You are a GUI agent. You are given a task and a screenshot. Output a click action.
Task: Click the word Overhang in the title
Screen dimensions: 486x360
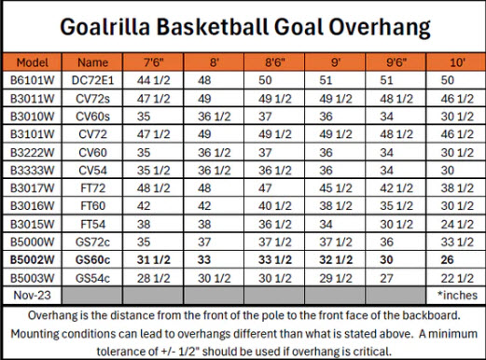coord(380,27)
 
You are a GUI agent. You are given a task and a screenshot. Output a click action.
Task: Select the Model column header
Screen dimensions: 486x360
coord(33,62)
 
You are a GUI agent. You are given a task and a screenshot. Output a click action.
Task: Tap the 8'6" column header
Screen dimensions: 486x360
coord(275,62)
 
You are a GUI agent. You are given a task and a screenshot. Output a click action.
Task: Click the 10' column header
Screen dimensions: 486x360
coord(457,62)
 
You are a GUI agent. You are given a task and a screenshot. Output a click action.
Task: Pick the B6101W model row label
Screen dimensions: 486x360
coord(33,80)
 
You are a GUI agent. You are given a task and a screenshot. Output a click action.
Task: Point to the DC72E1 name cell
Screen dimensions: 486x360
coord(92,80)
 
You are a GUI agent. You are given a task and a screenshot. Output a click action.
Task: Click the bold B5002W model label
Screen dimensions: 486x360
coord(33,259)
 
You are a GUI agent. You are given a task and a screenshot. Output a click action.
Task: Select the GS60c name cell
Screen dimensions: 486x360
coord(92,259)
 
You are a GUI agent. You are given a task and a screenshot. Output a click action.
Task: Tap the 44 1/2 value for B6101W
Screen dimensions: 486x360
coord(154,80)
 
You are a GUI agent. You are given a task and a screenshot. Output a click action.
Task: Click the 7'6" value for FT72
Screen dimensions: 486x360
coord(154,188)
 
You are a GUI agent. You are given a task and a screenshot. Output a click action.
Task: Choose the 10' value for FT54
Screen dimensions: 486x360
coord(457,224)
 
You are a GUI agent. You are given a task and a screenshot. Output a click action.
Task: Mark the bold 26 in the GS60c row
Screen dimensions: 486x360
coord(447,259)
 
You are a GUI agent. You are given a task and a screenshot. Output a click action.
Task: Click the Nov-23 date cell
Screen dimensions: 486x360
coord(32,295)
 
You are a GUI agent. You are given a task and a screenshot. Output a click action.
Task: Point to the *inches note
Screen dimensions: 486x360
coord(457,295)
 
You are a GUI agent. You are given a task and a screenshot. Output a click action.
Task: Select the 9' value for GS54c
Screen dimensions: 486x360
coord(336,278)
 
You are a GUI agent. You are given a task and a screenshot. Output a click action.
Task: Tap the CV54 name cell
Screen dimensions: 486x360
coord(92,171)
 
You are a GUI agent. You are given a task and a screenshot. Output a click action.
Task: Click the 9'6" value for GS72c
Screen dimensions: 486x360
coord(386,242)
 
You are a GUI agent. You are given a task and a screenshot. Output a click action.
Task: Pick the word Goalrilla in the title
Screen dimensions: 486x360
coord(104,27)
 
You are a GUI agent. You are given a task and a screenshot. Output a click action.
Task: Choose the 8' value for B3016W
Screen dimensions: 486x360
coord(204,206)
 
